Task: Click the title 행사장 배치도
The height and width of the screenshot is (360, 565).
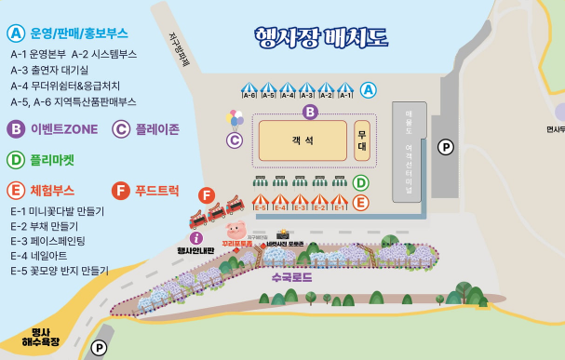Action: [321, 37]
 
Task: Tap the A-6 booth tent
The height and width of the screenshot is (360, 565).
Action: [249, 90]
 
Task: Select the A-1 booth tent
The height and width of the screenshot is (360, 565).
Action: [345, 90]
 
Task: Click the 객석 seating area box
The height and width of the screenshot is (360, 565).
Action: [303, 140]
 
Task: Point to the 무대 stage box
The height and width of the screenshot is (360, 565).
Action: [362, 140]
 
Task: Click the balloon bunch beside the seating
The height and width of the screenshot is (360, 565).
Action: [235, 119]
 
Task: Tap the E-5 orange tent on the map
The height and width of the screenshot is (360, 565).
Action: [260, 202]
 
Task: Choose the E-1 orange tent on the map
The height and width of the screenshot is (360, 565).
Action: [340, 202]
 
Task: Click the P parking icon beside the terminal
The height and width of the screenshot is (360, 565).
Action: [446, 147]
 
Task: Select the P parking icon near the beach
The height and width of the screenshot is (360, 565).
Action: [99, 348]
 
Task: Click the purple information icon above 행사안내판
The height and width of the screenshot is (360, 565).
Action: [195, 238]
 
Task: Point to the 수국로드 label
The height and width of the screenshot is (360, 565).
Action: [291, 277]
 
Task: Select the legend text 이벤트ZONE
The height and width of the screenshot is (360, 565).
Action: [64, 129]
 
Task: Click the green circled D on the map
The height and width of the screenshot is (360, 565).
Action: [360, 183]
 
